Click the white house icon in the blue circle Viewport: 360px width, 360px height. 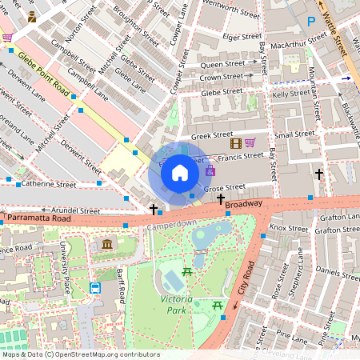[180, 173]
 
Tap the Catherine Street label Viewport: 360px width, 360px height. [49, 184]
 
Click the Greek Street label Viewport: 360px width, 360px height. [212, 134]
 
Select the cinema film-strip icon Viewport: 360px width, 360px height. [235, 143]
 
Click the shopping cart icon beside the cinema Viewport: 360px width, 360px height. [250, 143]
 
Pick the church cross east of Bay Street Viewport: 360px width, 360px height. [319, 174]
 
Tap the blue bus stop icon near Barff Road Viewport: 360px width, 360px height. [95, 288]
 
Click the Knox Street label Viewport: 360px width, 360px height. [287, 228]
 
